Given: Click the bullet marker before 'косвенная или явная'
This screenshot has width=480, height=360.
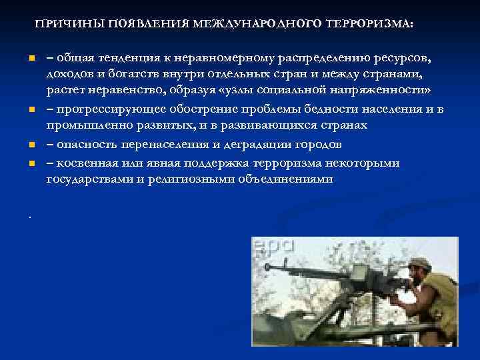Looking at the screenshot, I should pos(31,163).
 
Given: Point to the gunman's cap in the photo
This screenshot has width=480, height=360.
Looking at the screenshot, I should pos(420,263).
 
